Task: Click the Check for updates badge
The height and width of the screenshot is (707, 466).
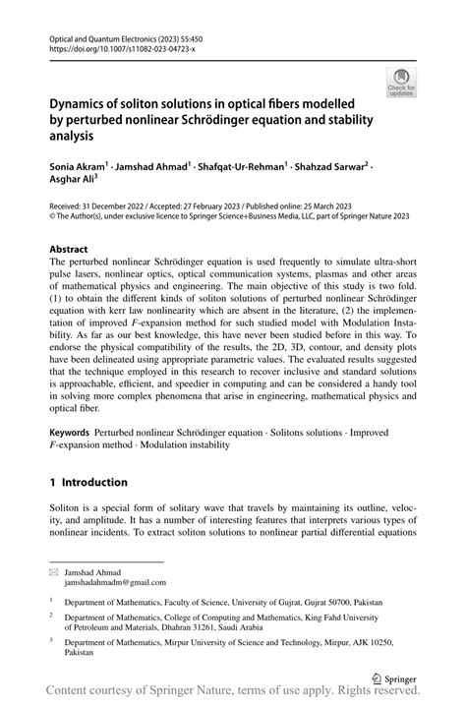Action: click(401, 85)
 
